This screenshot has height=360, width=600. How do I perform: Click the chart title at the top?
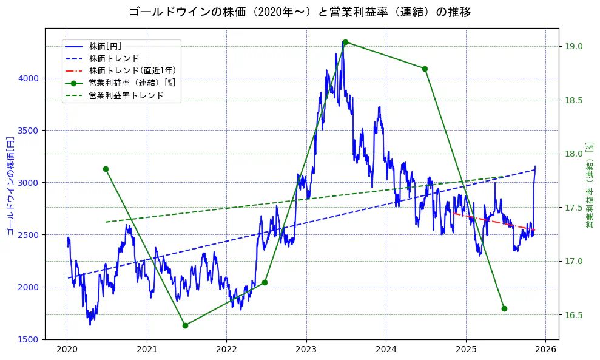point(300,12)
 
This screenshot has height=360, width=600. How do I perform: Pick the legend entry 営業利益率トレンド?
point(126,95)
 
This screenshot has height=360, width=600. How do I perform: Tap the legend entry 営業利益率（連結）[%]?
point(132,83)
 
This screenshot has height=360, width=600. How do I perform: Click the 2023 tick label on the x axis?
point(306,350)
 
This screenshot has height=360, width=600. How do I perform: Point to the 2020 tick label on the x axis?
point(67,350)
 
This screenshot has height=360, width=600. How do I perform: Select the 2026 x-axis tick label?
point(545,350)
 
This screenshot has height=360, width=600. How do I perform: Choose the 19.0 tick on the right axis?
point(574,46)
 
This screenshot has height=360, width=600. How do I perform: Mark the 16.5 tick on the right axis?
point(574,314)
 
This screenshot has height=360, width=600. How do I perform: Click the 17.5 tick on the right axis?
point(574,208)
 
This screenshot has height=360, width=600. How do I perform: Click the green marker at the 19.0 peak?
point(345,42)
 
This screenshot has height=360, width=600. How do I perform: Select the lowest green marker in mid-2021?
point(185,325)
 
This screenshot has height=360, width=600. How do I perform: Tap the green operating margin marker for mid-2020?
point(106,169)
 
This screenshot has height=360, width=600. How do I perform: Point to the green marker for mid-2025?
point(504,308)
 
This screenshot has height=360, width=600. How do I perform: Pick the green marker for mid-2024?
point(425,69)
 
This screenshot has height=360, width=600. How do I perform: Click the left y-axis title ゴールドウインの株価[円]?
point(10,186)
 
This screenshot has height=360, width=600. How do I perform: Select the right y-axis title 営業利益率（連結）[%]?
point(590,186)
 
